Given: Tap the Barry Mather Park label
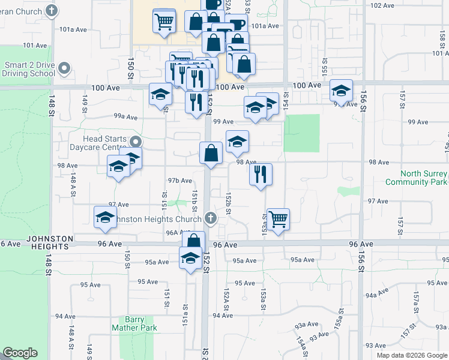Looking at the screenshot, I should [134, 324].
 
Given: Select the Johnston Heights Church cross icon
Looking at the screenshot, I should [210, 218].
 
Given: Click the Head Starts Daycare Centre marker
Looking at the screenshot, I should [136, 142].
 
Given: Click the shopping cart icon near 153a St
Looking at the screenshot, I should [278, 219].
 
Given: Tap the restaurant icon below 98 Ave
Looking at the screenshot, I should [261, 175].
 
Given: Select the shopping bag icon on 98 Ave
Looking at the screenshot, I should [211, 153].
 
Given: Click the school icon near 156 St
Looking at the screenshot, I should [341, 91].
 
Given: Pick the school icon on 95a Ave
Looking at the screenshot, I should [190, 259].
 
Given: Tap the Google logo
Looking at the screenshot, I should [20, 353].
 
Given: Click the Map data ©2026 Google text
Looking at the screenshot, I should [412, 355].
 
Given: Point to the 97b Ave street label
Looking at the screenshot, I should [180, 181].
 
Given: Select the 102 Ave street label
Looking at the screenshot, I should [382, 5].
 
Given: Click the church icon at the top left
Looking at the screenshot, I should [52, 11].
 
